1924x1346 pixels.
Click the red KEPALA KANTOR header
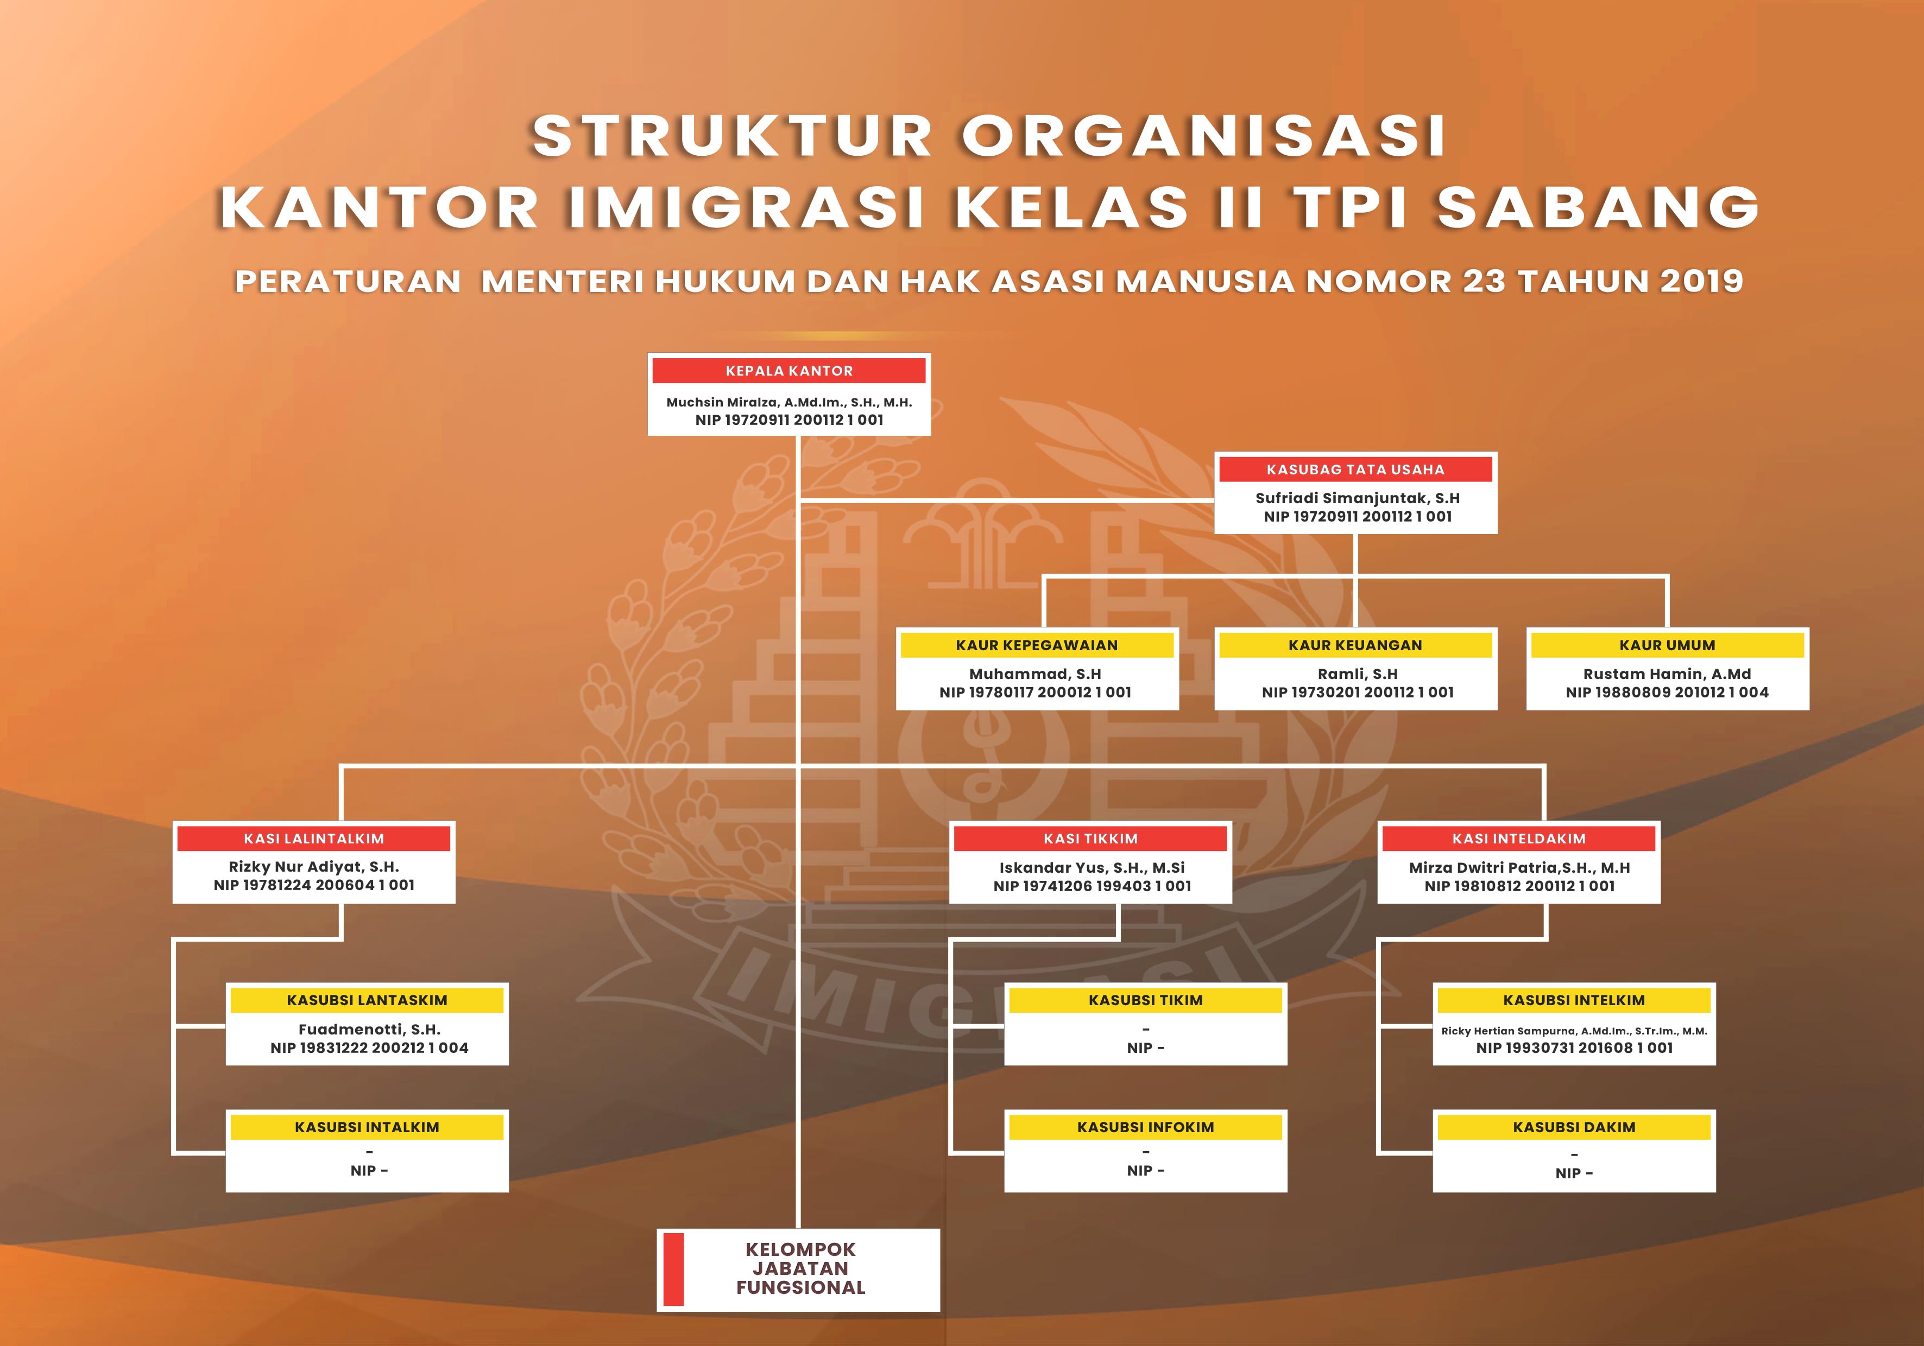788,370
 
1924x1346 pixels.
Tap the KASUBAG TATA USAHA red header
1355,469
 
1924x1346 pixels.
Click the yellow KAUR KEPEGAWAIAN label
1037,645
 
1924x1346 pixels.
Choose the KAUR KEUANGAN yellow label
1355,645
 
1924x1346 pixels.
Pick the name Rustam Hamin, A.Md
1667,674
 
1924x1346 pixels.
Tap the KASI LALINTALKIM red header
313,839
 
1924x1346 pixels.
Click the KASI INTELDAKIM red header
1518,839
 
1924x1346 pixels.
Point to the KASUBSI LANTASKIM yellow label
367,1000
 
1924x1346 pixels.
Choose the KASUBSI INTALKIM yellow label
367,1127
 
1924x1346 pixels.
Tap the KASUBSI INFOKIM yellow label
1145,1127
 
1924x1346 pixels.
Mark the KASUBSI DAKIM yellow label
1574,1127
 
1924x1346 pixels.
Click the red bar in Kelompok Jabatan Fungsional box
673,1269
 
